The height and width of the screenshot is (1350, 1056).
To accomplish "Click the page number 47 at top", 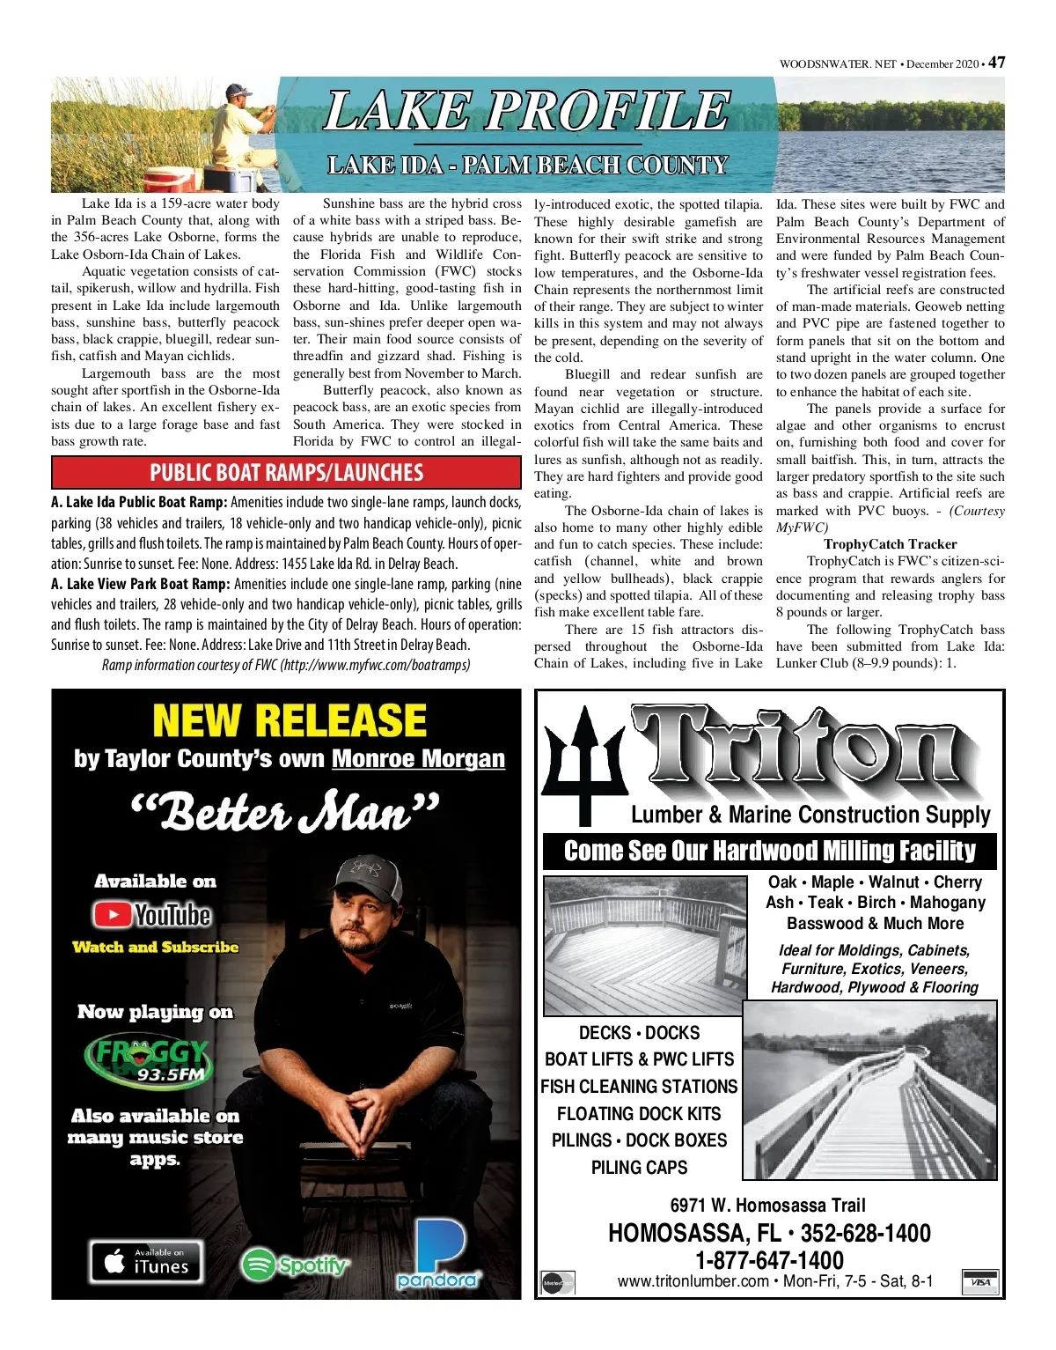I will pyautogui.click(x=996, y=63).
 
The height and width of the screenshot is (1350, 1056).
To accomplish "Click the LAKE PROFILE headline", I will pyautogui.click(x=526, y=112).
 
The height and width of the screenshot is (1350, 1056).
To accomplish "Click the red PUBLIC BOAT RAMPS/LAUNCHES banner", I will pyautogui.click(x=286, y=472).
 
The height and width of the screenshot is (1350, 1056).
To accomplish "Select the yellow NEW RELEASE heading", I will pyautogui.click(x=289, y=720).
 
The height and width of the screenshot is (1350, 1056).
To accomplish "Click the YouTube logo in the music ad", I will pyautogui.click(x=153, y=915).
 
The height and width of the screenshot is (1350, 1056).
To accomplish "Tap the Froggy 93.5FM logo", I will pyautogui.click(x=148, y=1059).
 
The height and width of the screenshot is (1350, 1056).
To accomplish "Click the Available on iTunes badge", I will pyautogui.click(x=146, y=1261).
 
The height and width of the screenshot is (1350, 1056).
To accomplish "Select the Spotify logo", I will pyautogui.click(x=295, y=1265).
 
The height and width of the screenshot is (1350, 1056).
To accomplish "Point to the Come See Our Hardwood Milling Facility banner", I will pyautogui.click(x=770, y=851).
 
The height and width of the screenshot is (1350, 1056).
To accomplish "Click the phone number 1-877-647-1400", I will pyautogui.click(x=770, y=1260).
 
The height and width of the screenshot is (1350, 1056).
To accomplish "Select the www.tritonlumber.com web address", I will pyautogui.click(x=693, y=1281).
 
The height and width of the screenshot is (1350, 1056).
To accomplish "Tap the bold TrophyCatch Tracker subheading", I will pyautogui.click(x=890, y=544).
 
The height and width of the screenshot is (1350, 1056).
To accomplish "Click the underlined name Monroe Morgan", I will pyautogui.click(x=418, y=758).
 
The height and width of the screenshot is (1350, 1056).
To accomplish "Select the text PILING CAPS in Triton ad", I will pyautogui.click(x=639, y=1168).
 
